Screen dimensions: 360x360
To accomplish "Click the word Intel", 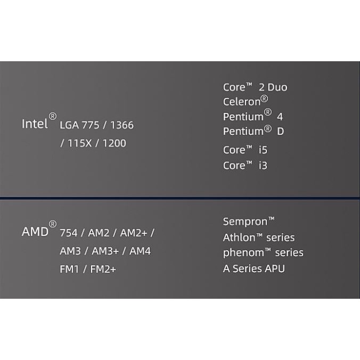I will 35,124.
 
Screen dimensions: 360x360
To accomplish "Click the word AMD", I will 35,232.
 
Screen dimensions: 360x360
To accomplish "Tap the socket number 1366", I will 122,126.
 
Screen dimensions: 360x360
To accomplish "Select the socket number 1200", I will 115,143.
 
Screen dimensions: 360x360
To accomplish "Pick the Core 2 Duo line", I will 255,87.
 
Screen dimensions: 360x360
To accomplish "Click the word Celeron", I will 243,102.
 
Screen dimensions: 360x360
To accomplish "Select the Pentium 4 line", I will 253,116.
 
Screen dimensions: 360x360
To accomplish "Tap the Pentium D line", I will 253,131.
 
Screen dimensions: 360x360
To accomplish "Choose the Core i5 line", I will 245,150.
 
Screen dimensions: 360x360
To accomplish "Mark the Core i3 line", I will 245,166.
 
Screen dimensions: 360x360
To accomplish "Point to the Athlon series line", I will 259,238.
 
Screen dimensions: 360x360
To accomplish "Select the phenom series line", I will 263,252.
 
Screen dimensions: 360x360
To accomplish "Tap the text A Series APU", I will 254,268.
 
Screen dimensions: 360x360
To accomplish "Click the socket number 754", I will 69,233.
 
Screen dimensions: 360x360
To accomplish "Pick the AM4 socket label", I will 140,251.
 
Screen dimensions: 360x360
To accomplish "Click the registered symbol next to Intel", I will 52,116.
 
